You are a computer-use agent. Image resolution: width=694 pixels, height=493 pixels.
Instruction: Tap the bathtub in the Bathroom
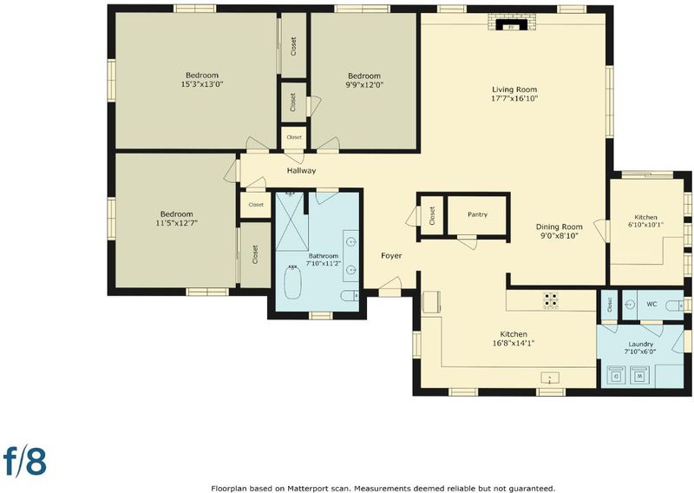coord(292,281)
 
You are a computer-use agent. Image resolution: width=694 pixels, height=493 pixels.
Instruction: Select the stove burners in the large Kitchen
coord(551,299)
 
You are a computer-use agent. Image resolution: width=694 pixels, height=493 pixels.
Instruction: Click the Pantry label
coord(477,214)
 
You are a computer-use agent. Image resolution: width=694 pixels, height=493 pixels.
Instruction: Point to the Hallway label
coord(301,170)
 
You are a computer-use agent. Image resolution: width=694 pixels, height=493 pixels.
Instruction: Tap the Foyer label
coord(392,255)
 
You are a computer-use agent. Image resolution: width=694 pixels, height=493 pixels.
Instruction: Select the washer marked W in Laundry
coord(638,374)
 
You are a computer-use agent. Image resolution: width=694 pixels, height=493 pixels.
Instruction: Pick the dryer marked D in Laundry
coord(616,374)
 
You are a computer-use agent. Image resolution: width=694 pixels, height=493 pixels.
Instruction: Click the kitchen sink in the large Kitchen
coord(550,378)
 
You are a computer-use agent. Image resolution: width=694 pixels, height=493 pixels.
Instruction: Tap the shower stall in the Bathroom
coord(290,221)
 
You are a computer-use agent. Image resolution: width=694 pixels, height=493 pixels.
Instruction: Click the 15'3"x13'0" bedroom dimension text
coord(202,84)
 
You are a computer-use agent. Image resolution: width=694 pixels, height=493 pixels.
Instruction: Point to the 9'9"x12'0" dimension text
coord(364,84)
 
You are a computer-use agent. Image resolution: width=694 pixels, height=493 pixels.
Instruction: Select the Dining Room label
coord(559,227)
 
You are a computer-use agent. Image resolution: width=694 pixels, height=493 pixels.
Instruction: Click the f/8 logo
coord(25,460)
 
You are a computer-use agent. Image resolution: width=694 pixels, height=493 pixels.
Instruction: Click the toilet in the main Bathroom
coord(350,295)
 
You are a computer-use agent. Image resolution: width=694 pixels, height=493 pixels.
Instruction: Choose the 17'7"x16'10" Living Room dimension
coord(514,98)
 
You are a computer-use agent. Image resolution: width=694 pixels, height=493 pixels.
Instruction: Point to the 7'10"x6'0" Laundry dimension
coord(640,352)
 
